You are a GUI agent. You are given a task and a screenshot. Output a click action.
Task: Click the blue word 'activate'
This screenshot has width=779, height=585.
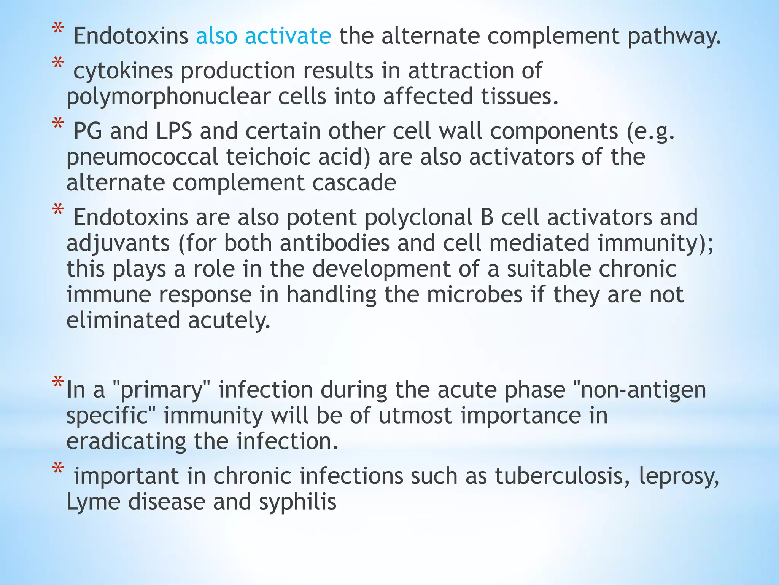(288, 36)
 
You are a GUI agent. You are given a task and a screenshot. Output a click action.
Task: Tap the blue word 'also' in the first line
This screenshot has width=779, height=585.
(216, 36)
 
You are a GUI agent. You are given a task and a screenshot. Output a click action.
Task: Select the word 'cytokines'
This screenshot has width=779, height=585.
(123, 71)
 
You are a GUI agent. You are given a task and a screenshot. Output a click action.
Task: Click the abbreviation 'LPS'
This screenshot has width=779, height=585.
(174, 131)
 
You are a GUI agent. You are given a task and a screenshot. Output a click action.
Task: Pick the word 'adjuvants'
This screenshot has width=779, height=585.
(118, 244)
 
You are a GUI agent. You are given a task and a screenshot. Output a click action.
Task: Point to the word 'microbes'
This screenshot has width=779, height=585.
(475, 295)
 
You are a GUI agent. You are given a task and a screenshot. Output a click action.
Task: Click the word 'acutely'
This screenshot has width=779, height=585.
(229, 321)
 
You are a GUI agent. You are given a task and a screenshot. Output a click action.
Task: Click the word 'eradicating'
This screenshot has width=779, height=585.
(126, 442)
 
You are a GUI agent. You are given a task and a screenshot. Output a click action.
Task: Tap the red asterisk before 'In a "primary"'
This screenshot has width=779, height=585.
(58, 382)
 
